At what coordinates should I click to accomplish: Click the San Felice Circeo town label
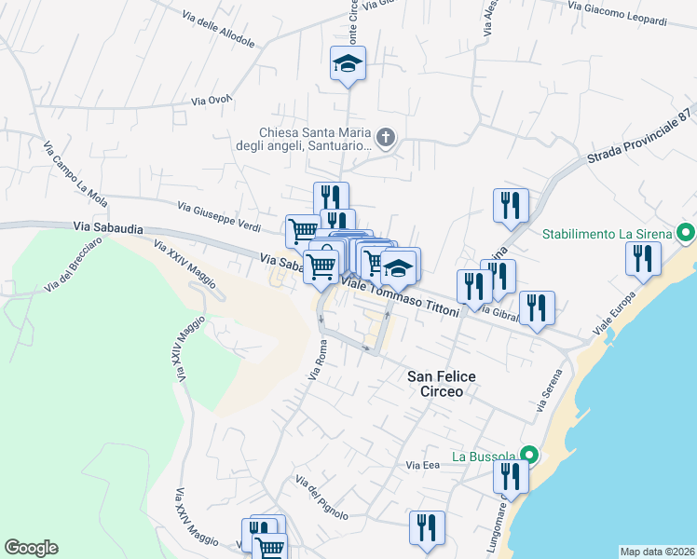tap(442, 384)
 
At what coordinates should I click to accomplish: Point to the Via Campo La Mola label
tap(75, 173)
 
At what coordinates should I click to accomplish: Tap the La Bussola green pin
tap(529, 456)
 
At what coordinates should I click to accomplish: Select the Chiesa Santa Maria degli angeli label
tap(316, 140)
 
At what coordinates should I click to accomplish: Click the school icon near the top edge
tap(348, 63)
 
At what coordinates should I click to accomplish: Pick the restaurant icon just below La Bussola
tap(511, 476)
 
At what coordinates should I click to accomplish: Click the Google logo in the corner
tap(31, 548)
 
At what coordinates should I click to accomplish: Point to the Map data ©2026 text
tap(657, 552)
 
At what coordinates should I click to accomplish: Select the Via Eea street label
tap(422, 464)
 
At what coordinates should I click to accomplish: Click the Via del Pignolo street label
tap(321, 497)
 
